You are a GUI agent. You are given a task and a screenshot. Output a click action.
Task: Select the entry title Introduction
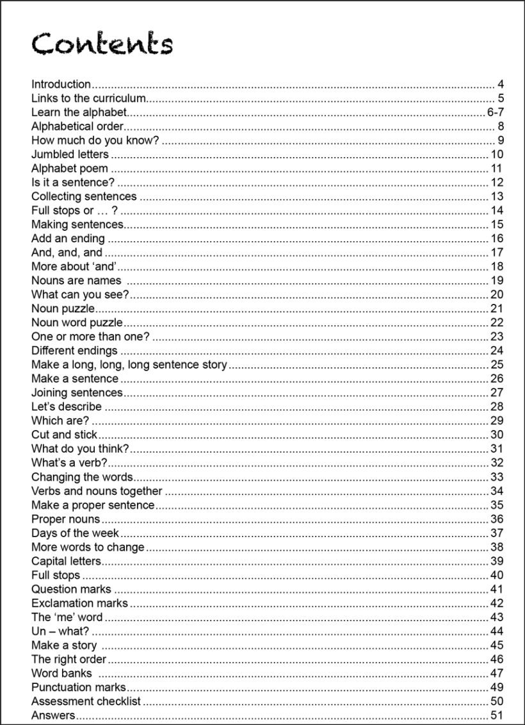[x=61, y=84]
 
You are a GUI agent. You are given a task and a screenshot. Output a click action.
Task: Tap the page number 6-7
[x=494, y=112]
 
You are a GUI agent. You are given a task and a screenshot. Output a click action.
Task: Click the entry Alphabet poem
[x=70, y=169]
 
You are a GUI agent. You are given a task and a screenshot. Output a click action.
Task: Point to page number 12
[x=497, y=183]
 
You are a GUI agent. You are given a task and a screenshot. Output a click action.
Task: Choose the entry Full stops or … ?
[x=74, y=211]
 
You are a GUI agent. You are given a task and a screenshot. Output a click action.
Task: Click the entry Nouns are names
[x=76, y=281]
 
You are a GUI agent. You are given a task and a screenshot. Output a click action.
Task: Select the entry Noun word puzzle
[x=77, y=322]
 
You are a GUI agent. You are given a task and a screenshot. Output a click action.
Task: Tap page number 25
[x=497, y=365]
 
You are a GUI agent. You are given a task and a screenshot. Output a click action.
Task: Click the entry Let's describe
[x=66, y=406]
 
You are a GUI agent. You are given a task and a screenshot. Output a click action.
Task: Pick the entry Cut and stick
[x=64, y=435]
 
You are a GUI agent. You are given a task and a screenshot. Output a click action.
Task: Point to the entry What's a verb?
[x=69, y=463]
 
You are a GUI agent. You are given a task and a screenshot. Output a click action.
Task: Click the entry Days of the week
[x=75, y=533]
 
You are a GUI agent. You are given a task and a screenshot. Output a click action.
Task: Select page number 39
[x=497, y=561]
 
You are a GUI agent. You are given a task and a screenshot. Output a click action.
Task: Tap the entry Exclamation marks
[x=79, y=603]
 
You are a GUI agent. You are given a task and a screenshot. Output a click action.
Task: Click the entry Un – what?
[x=60, y=631]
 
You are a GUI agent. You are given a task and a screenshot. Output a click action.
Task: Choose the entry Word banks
[x=61, y=673]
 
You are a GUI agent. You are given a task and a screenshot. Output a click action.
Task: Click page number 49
[x=497, y=687]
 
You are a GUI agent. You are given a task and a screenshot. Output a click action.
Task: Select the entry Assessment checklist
[x=86, y=701]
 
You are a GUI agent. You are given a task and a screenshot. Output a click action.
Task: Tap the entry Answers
[x=53, y=715]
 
